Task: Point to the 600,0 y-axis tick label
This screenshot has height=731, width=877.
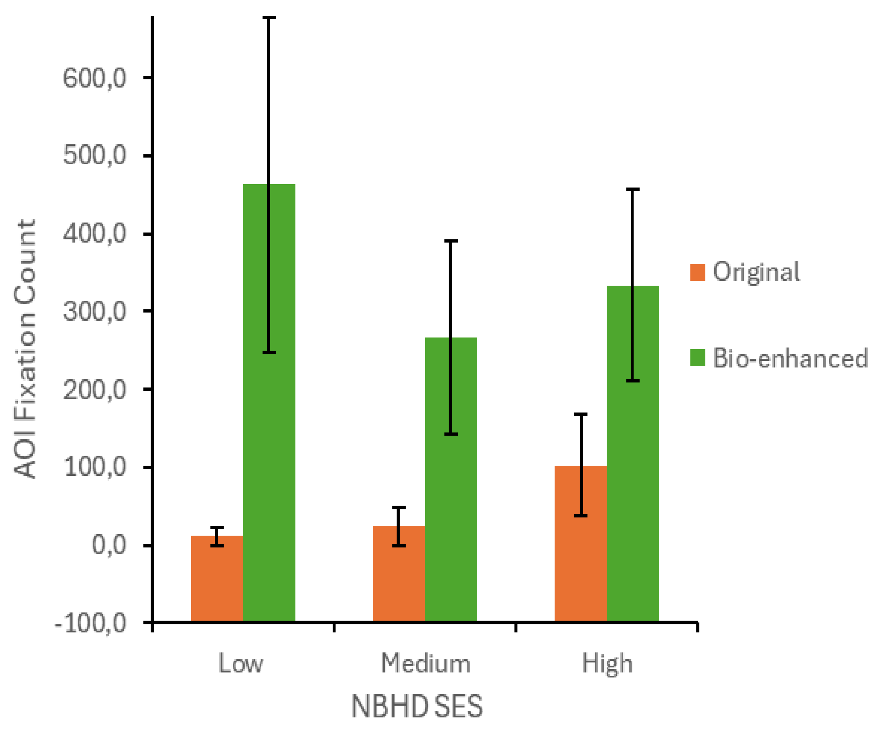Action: [94, 78]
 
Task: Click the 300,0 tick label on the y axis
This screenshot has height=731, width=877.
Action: [94, 312]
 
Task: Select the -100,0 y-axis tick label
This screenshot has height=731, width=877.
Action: [90, 624]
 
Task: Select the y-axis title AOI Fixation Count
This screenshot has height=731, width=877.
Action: [25, 349]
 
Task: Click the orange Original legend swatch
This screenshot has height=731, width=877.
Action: [697, 272]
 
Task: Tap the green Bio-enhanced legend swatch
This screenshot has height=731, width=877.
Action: [697, 358]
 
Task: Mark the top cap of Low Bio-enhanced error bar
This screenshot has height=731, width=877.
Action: [269, 18]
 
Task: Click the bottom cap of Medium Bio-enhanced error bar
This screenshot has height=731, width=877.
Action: [451, 434]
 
